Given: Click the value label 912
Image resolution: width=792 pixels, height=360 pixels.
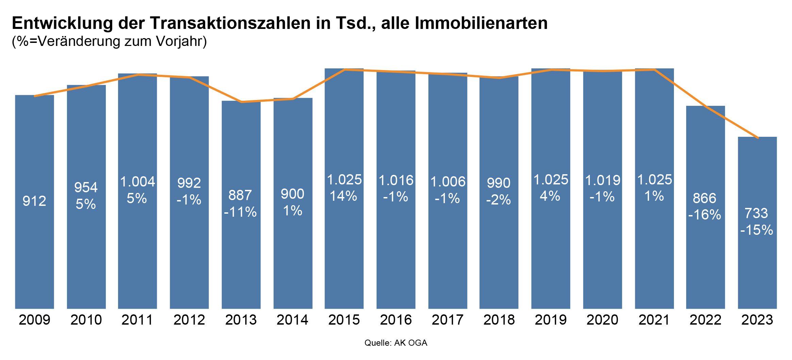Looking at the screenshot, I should click(x=34, y=201).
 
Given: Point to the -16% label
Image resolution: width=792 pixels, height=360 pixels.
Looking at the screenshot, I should click(x=705, y=215).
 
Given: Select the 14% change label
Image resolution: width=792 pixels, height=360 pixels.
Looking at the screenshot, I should click(x=344, y=196).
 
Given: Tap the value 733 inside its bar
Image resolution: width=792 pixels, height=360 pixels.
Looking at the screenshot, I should click(x=756, y=213).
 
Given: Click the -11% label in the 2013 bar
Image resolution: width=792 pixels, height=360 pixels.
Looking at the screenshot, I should click(x=241, y=212).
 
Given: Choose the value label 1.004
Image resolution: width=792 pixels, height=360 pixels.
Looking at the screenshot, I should click(x=137, y=182).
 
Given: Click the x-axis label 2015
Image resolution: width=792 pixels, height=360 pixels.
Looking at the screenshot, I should click(x=344, y=320).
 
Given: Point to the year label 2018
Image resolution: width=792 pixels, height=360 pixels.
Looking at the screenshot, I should click(x=499, y=320).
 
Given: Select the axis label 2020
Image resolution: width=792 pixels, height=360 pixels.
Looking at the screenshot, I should click(x=602, y=320).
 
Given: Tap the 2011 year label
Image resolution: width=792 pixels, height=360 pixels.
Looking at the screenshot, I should click(x=137, y=320).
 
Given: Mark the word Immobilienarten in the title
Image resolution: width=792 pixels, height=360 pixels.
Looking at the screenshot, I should click(x=481, y=23).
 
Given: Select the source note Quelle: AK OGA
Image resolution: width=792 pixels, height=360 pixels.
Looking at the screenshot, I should click(x=396, y=343).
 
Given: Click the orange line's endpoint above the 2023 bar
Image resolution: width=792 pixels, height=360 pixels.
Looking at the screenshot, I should click(x=758, y=138).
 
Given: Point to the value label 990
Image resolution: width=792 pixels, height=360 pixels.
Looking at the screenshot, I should click(x=498, y=183).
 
